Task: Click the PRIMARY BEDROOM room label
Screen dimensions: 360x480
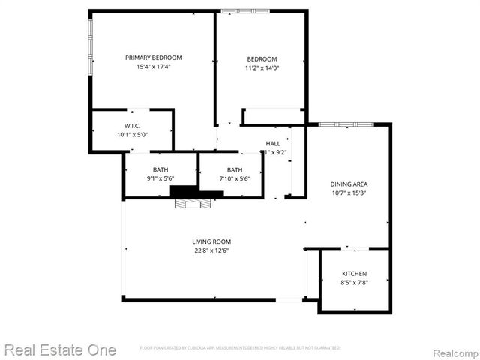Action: pos(153,58)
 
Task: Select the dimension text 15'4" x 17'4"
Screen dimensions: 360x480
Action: pos(153,67)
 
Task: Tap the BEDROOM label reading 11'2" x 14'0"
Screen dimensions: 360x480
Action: pos(262,59)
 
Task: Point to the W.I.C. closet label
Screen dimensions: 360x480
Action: pos(132,126)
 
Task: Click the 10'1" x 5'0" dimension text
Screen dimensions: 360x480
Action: pos(132,135)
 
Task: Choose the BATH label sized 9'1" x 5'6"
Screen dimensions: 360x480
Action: pos(160,169)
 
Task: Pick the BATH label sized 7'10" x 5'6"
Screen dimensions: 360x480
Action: pos(235,169)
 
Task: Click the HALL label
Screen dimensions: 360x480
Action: pos(273,143)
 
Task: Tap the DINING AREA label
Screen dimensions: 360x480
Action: pos(349,184)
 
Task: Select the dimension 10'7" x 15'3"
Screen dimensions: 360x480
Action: pos(349,193)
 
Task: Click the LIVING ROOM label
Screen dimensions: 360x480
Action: pos(210,241)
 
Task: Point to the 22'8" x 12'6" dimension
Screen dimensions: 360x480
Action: pos(210,250)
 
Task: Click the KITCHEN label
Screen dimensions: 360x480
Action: pos(354,274)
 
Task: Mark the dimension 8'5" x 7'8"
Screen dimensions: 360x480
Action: pos(354,283)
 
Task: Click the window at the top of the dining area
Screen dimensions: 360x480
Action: pos(346,124)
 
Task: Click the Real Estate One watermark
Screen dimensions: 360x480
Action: pos(60,349)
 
